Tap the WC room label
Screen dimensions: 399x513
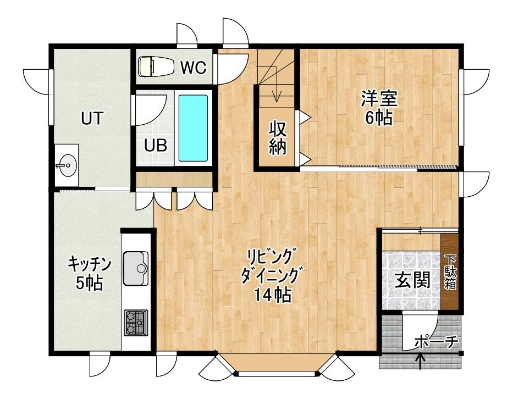click(194, 68)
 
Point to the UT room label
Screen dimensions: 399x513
click(92, 119)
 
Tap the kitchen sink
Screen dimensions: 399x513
click(136, 268)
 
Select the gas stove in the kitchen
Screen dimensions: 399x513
click(136, 323)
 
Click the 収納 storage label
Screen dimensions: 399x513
click(278, 137)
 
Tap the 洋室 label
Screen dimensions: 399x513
click(379, 99)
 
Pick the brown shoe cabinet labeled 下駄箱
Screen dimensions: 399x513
click(451, 271)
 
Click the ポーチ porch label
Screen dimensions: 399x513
click(436, 342)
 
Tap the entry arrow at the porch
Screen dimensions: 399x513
click(421, 361)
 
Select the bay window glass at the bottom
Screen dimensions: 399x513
click(278, 374)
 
